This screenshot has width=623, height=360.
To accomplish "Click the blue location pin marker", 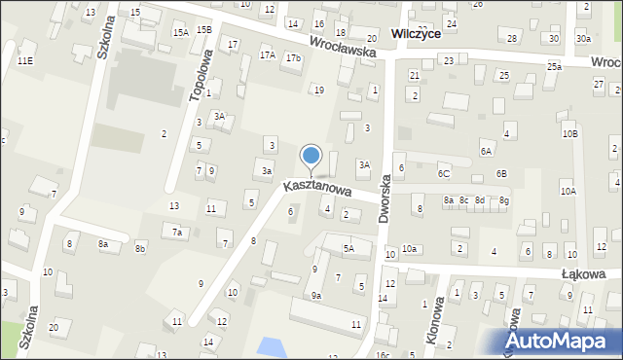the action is (311, 156).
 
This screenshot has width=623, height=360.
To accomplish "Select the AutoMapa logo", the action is (559, 341).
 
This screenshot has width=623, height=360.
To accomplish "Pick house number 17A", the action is (267, 55).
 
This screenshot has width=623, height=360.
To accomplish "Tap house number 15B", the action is (202, 29).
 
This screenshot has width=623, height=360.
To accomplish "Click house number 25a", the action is (554, 66).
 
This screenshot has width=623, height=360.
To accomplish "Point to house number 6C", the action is (443, 173).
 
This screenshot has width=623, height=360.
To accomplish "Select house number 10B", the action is (569, 133).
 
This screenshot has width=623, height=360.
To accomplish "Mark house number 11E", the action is (24, 61).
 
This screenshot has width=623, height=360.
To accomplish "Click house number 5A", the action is (348, 249).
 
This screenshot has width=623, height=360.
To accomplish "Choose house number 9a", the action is (316, 296).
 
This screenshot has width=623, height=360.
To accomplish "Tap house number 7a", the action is (177, 233).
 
